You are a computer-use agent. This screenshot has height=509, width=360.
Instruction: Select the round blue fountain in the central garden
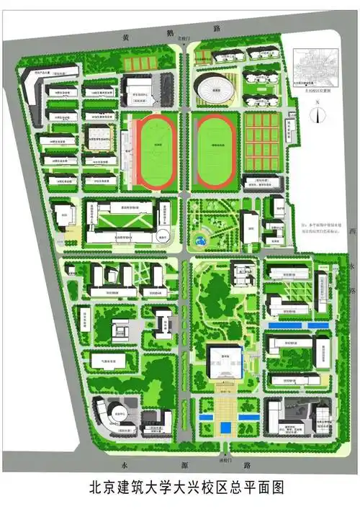(200, 235)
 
